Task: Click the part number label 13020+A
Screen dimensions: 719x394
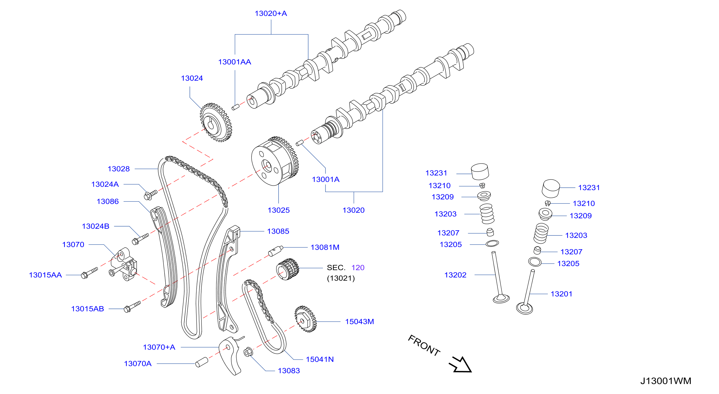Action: pyautogui.click(x=271, y=13)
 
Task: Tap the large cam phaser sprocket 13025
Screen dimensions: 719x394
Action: pyautogui.click(x=275, y=161)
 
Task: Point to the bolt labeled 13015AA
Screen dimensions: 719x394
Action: pyautogui.click(x=89, y=273)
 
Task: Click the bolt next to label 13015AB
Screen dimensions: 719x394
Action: pyautogui.click(x=132, y=307)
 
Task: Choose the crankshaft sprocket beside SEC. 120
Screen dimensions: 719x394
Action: pyautogui.click(x=288, y=269)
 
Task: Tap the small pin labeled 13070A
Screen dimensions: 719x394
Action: pyautogui.click(x=201, y=362)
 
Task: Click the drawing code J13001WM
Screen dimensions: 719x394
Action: pyautogui.click(x=665, y=381)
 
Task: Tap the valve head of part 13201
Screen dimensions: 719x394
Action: pyautogui.click(x=524, y=309)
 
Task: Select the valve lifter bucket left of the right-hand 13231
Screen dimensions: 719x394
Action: pyautogui.click(x=551, y=189)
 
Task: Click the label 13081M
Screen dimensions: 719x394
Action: pyautogui.click(x=325, y=247)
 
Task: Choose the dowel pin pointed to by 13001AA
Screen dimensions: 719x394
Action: pyautogui.click(x=236, y=107)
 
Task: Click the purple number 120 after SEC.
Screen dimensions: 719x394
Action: pyautogui.click(x=358, y=268)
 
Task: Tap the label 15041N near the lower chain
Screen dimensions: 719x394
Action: pyautogui.click(x=320, y=359)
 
